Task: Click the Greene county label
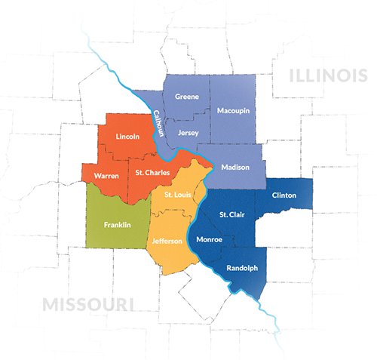tap(186, 97)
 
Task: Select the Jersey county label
tap(188, 133)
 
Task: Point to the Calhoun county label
tap(158, 122)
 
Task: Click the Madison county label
tap(235, 167)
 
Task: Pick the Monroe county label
tap(209, 240)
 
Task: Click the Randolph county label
tap(242, 268)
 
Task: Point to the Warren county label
tap(106, 176)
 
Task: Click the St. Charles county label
tap(152, 173)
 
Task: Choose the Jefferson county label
tap(167, 241)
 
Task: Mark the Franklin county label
tap(117, 225)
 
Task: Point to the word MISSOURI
tap(88, 304)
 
